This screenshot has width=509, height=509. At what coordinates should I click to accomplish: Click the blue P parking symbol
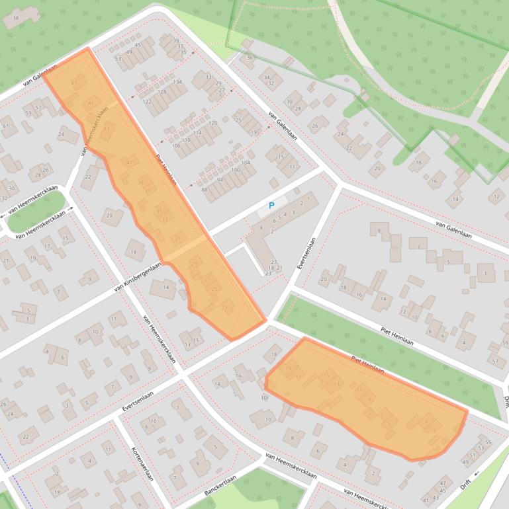coord(271,206)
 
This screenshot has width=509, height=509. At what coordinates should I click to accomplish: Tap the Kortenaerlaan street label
coord(142,465)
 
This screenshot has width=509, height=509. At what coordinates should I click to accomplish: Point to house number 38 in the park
coord(15,18)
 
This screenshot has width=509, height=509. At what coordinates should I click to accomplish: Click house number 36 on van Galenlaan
coord(250,58)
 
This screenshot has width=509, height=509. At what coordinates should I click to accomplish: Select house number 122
coord(147,101)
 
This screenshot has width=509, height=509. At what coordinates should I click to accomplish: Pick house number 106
coord(176,145)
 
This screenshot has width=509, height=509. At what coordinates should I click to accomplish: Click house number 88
coord(205,190)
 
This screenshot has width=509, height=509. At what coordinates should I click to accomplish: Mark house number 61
coord(5,126)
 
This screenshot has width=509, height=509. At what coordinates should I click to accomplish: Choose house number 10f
coord(264,398)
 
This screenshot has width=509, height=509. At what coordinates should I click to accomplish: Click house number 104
coord(246,163)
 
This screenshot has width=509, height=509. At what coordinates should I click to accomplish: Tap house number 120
coord(212,124)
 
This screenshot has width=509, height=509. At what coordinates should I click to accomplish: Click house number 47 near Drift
coord(443,482)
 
